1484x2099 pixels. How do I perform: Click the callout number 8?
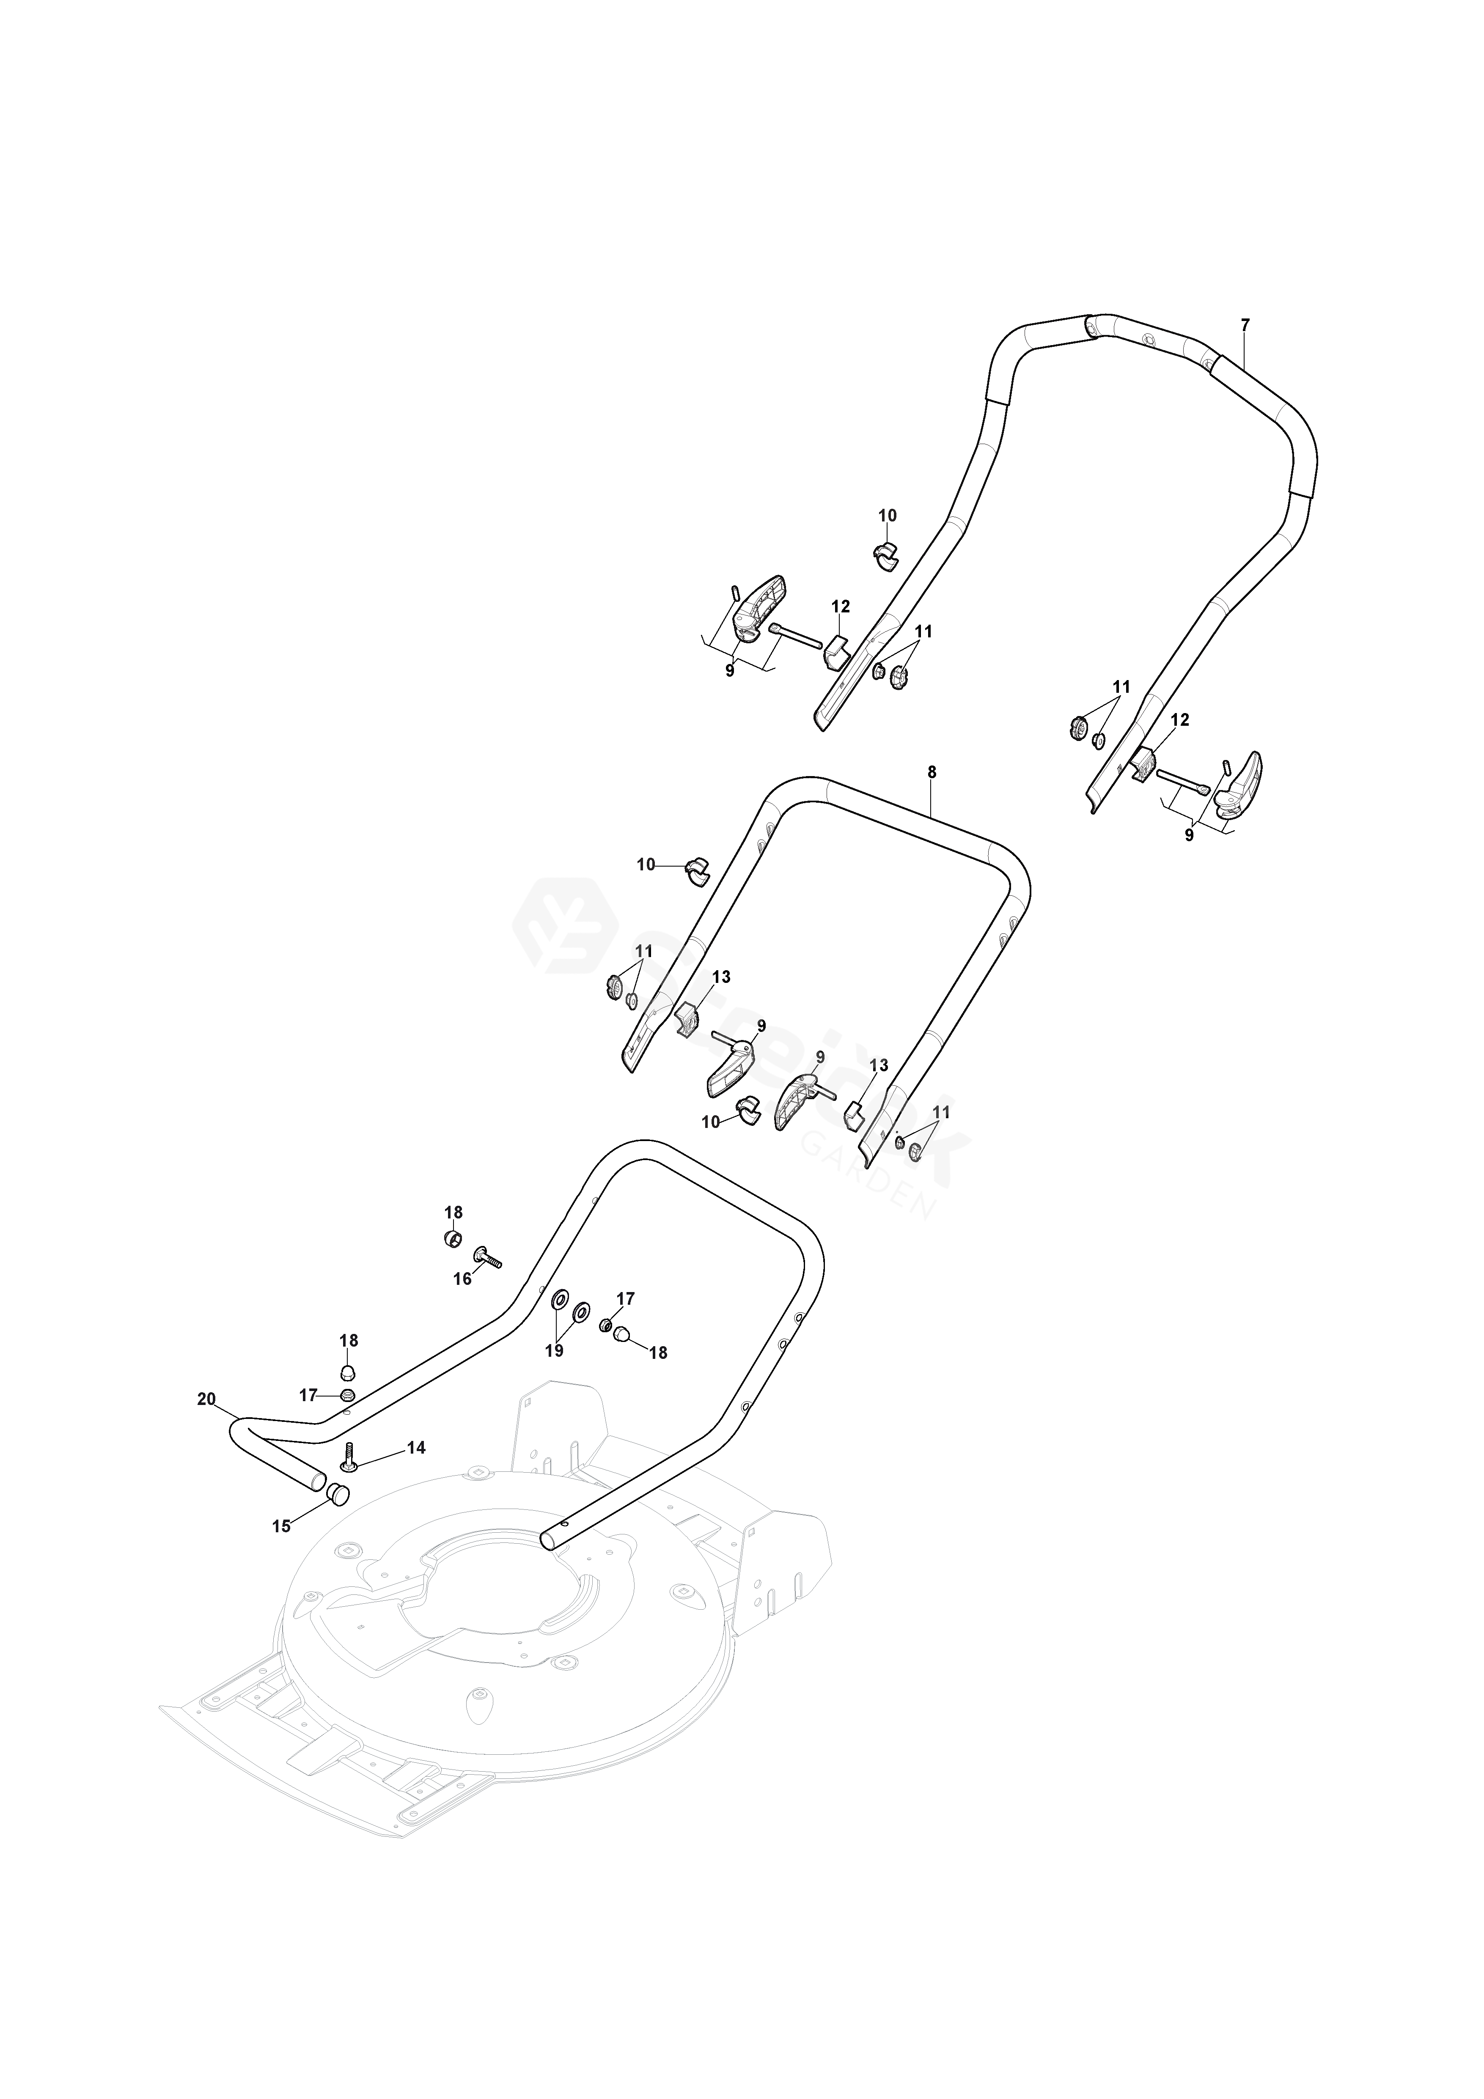pos(932,771)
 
